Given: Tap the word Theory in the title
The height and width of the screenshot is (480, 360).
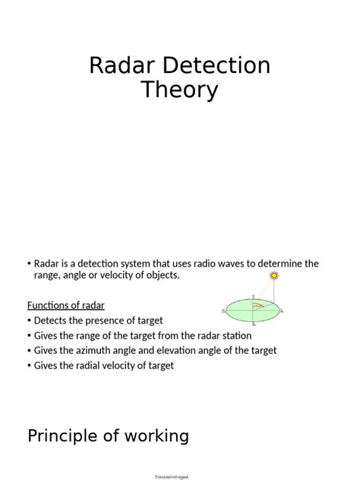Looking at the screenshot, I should (x=180, y=90).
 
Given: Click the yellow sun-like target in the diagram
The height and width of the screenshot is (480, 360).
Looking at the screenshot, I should (x=273, y=276).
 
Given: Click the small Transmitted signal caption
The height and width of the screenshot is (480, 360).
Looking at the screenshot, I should (x=171, y=476).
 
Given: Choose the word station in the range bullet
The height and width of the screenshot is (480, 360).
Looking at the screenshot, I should (x=235, y=335).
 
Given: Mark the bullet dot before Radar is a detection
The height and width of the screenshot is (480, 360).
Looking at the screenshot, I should (x=29, y=264).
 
